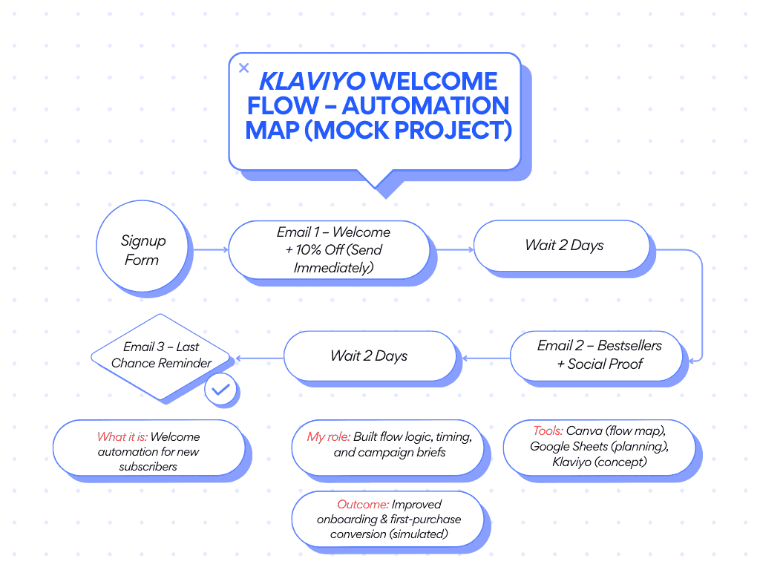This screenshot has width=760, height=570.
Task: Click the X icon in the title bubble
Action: coord(244,68)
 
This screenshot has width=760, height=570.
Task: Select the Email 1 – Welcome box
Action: coord(329,249)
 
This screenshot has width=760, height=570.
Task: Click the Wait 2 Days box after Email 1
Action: coord(564,246)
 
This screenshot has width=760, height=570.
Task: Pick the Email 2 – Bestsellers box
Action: coord(597,355)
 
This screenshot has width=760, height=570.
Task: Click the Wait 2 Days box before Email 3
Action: coord(369,356)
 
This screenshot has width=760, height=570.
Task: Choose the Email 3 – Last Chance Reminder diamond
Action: coord(162,355)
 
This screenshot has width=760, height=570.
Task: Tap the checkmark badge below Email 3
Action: coord(220,388)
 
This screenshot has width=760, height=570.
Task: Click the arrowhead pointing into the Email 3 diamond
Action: coord(238,358)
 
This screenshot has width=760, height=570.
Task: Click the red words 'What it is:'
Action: coord(122,437)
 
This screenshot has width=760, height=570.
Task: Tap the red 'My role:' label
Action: coord(329,436)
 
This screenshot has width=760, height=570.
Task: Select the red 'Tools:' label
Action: coord(548,430)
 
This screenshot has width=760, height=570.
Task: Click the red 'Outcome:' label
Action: coord(363,505)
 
